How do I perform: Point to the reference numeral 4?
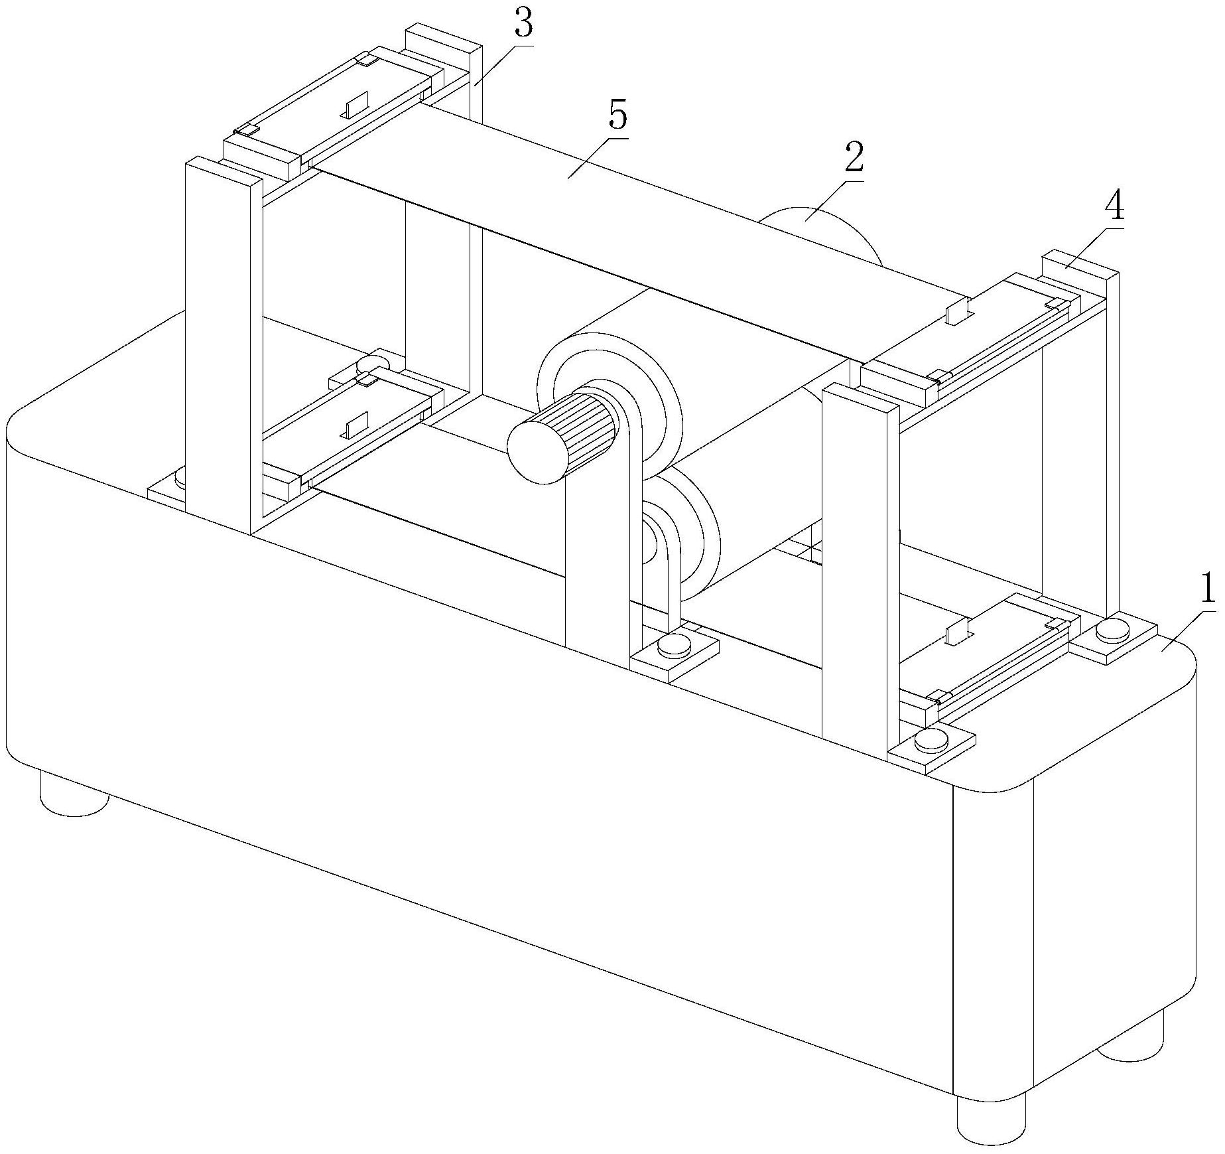click(1114, 208)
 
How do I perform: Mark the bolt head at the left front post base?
click(180, 475)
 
